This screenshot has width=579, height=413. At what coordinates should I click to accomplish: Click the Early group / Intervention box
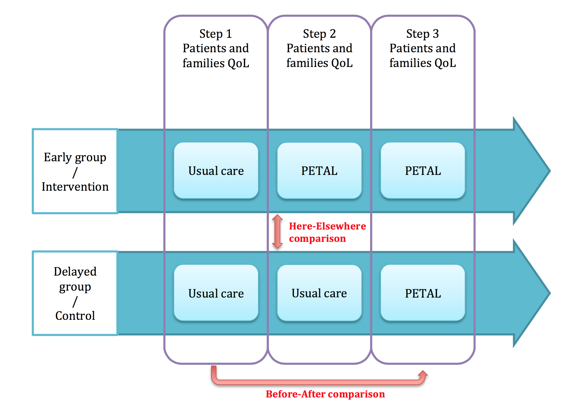coord(75,171)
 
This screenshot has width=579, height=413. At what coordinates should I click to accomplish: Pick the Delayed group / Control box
coord(75,293)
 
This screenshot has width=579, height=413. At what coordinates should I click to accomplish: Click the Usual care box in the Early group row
coord(216,171)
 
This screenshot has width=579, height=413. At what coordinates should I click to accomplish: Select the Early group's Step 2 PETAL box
coord(319,171)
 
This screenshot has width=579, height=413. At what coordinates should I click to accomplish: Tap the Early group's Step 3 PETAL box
coord(423,171)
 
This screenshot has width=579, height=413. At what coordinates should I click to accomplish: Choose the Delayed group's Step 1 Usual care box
coord(216,293)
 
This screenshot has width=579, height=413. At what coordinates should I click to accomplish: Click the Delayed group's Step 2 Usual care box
coord(319,293)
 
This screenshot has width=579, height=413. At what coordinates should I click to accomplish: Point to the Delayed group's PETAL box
coord(423,293)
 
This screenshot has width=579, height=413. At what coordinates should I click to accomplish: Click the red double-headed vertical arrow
coord(277,232)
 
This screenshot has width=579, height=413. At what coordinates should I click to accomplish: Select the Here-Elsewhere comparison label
coord(327,232)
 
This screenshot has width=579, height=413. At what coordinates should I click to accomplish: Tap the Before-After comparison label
coord(325,394)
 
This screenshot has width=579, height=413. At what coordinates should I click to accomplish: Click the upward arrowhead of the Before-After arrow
coord(423,373)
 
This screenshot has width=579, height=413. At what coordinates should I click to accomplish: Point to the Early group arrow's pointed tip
coord(550,171)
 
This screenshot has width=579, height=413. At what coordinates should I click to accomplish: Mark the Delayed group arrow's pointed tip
coord(550,293)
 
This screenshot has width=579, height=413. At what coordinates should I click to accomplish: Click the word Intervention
coord(75,187)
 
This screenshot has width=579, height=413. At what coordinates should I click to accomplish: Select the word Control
coord(75,316)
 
